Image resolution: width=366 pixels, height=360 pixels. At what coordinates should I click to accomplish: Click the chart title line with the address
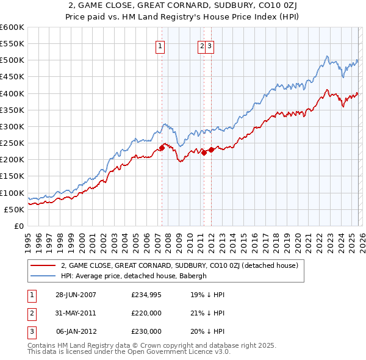tap(182, 7)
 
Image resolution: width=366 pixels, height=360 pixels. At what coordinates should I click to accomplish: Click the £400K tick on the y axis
tap(12, 93)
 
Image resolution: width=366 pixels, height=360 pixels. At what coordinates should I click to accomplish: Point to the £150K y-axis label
tap(12, 176)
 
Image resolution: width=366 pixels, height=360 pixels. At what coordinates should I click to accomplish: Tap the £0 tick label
tap(18, 226)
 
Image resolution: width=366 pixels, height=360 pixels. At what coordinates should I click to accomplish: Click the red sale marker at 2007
tap(162, 148)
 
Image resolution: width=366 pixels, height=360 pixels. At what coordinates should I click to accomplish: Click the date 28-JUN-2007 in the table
tap(76, 295)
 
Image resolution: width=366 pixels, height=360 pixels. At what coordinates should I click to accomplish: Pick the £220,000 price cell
tap(146, 313)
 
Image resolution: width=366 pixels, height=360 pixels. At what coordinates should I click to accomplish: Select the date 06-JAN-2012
tap(76, 331)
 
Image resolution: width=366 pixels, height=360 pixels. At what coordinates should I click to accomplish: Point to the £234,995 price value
tap(146, 295)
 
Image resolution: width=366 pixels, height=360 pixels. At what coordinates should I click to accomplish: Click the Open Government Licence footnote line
tap(129, 352)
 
